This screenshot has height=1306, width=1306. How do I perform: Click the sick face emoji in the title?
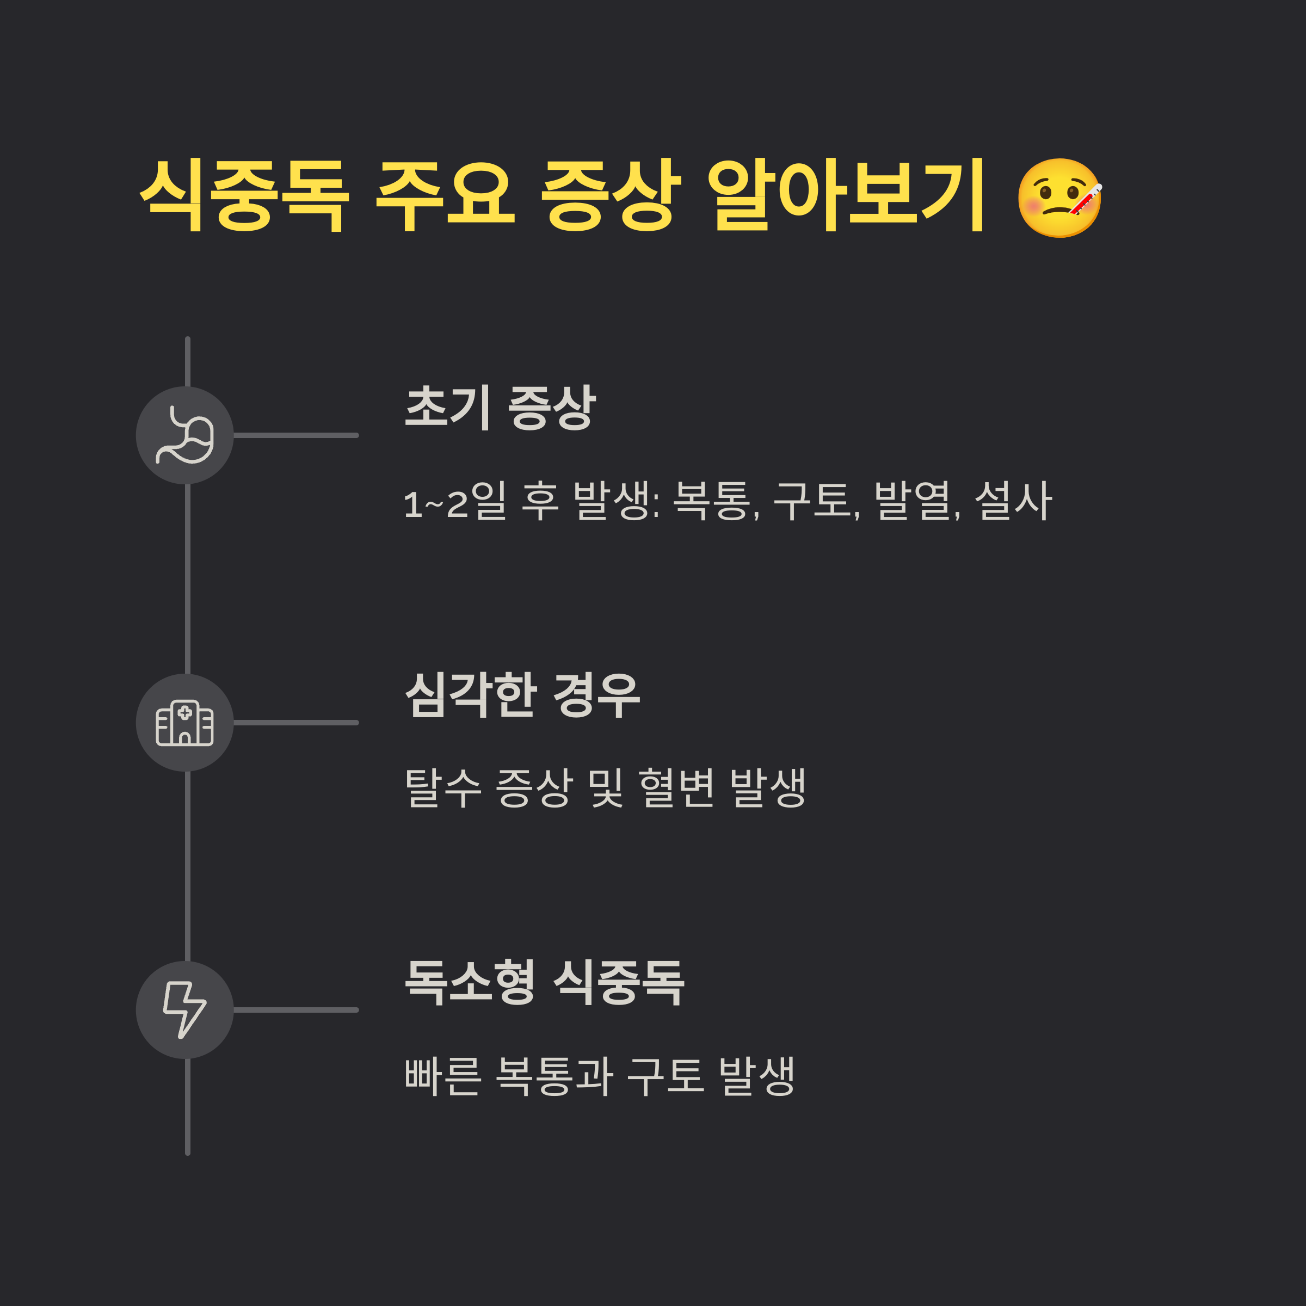1059,198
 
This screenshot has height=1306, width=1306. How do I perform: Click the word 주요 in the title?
445,195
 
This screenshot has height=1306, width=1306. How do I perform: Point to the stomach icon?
184,435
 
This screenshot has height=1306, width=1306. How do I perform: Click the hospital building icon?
184,723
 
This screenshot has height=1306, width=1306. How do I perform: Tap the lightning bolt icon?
184,1010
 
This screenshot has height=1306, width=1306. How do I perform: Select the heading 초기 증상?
500,407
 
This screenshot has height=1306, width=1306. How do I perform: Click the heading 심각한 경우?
522,695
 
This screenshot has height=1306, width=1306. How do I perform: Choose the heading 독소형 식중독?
544,982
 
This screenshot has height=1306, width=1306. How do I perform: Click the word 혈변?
676,788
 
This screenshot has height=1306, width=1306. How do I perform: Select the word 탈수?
443,788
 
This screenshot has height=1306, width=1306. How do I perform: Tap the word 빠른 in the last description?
443,1075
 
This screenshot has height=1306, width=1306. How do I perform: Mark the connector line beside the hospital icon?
295,723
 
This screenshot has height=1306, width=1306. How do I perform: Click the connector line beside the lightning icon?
295,1010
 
